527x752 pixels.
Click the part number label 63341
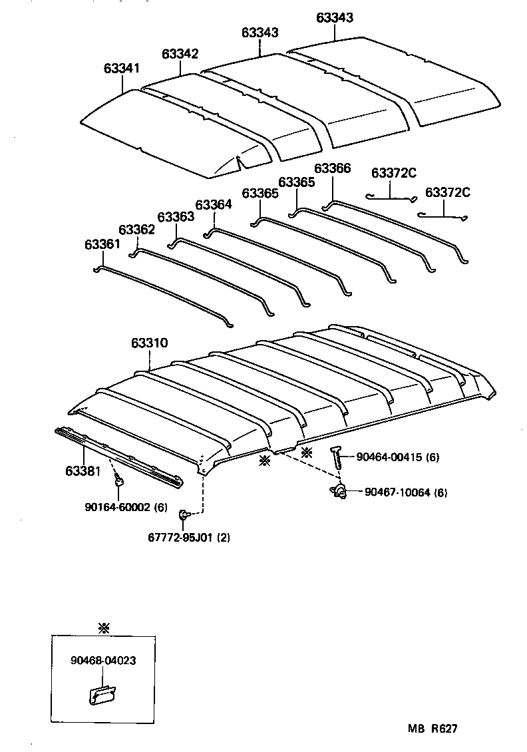(x=122, y=69)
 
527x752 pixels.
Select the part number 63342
(x=180, y=54)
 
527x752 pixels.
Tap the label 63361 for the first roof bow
(x=102, y=244)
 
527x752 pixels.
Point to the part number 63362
(x=136, y=230)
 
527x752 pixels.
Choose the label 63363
(x=176, y=216)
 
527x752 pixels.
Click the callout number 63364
(x=214, y=205)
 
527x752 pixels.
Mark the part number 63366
(x=332, y=169)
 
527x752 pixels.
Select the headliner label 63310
(x=149, y=343)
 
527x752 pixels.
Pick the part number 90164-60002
(x=117, y=506)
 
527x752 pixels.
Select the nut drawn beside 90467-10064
(x=339, y=492)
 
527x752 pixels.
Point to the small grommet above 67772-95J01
(x=184, y=514)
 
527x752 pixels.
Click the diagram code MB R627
(x=433, y=729)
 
